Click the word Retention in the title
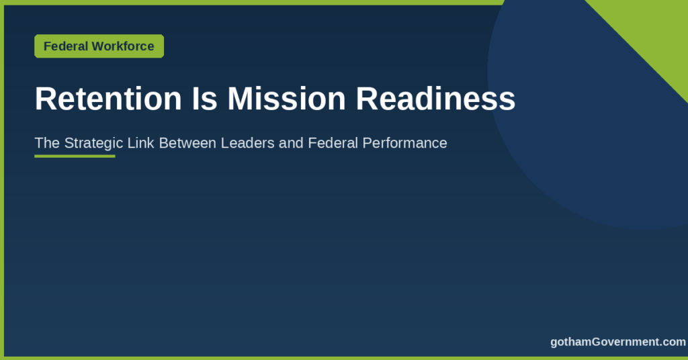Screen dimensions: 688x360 [108, 99]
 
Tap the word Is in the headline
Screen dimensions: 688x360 [204, 99]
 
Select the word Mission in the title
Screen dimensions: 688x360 [286, 99]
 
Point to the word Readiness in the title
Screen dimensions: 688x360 [435, 99]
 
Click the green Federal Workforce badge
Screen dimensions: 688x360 [99, 46]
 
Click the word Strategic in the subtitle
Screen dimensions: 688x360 [93, 143]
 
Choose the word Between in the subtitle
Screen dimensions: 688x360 [187, 143]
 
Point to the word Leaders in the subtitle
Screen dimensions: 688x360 [247, 143]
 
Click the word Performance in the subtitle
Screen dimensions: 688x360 [404, 143]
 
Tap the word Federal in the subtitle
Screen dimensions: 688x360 [333, 143]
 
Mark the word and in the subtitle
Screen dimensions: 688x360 [291, 143]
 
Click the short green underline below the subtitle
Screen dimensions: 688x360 [75, 156]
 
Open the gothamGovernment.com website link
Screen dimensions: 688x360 [618, 342]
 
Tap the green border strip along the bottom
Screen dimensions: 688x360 [344, 358]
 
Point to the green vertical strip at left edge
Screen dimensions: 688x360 [2, 180]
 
